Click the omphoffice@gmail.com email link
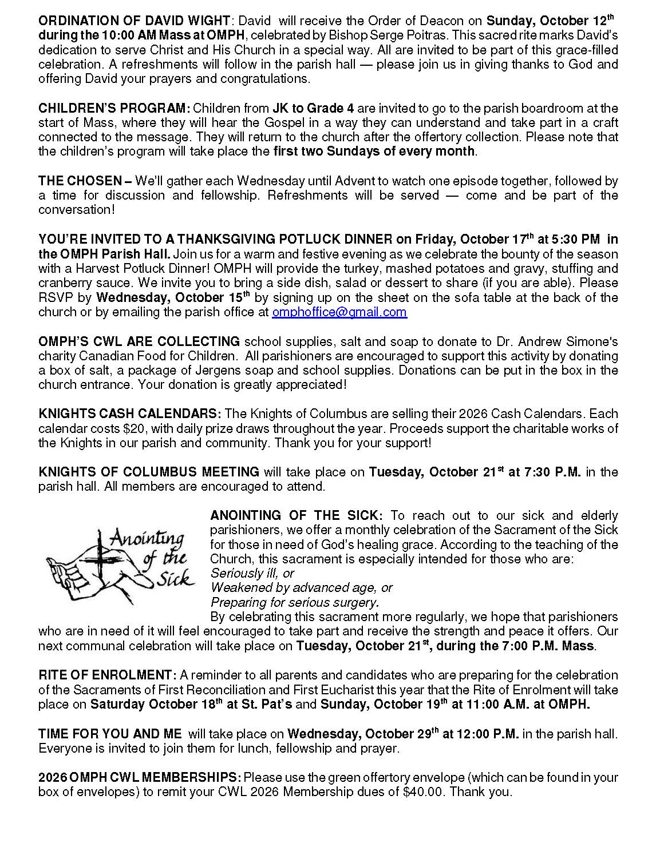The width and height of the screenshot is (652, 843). tap(339, 312)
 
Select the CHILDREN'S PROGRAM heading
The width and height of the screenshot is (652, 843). tap(114, 108)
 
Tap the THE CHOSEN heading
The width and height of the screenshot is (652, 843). tap(85, 181)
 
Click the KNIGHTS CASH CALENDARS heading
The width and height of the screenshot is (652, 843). tap(130, 413)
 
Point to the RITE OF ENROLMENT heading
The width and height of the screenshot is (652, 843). tap(107, 675)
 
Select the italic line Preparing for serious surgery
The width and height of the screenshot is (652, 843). tap(295, 602)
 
